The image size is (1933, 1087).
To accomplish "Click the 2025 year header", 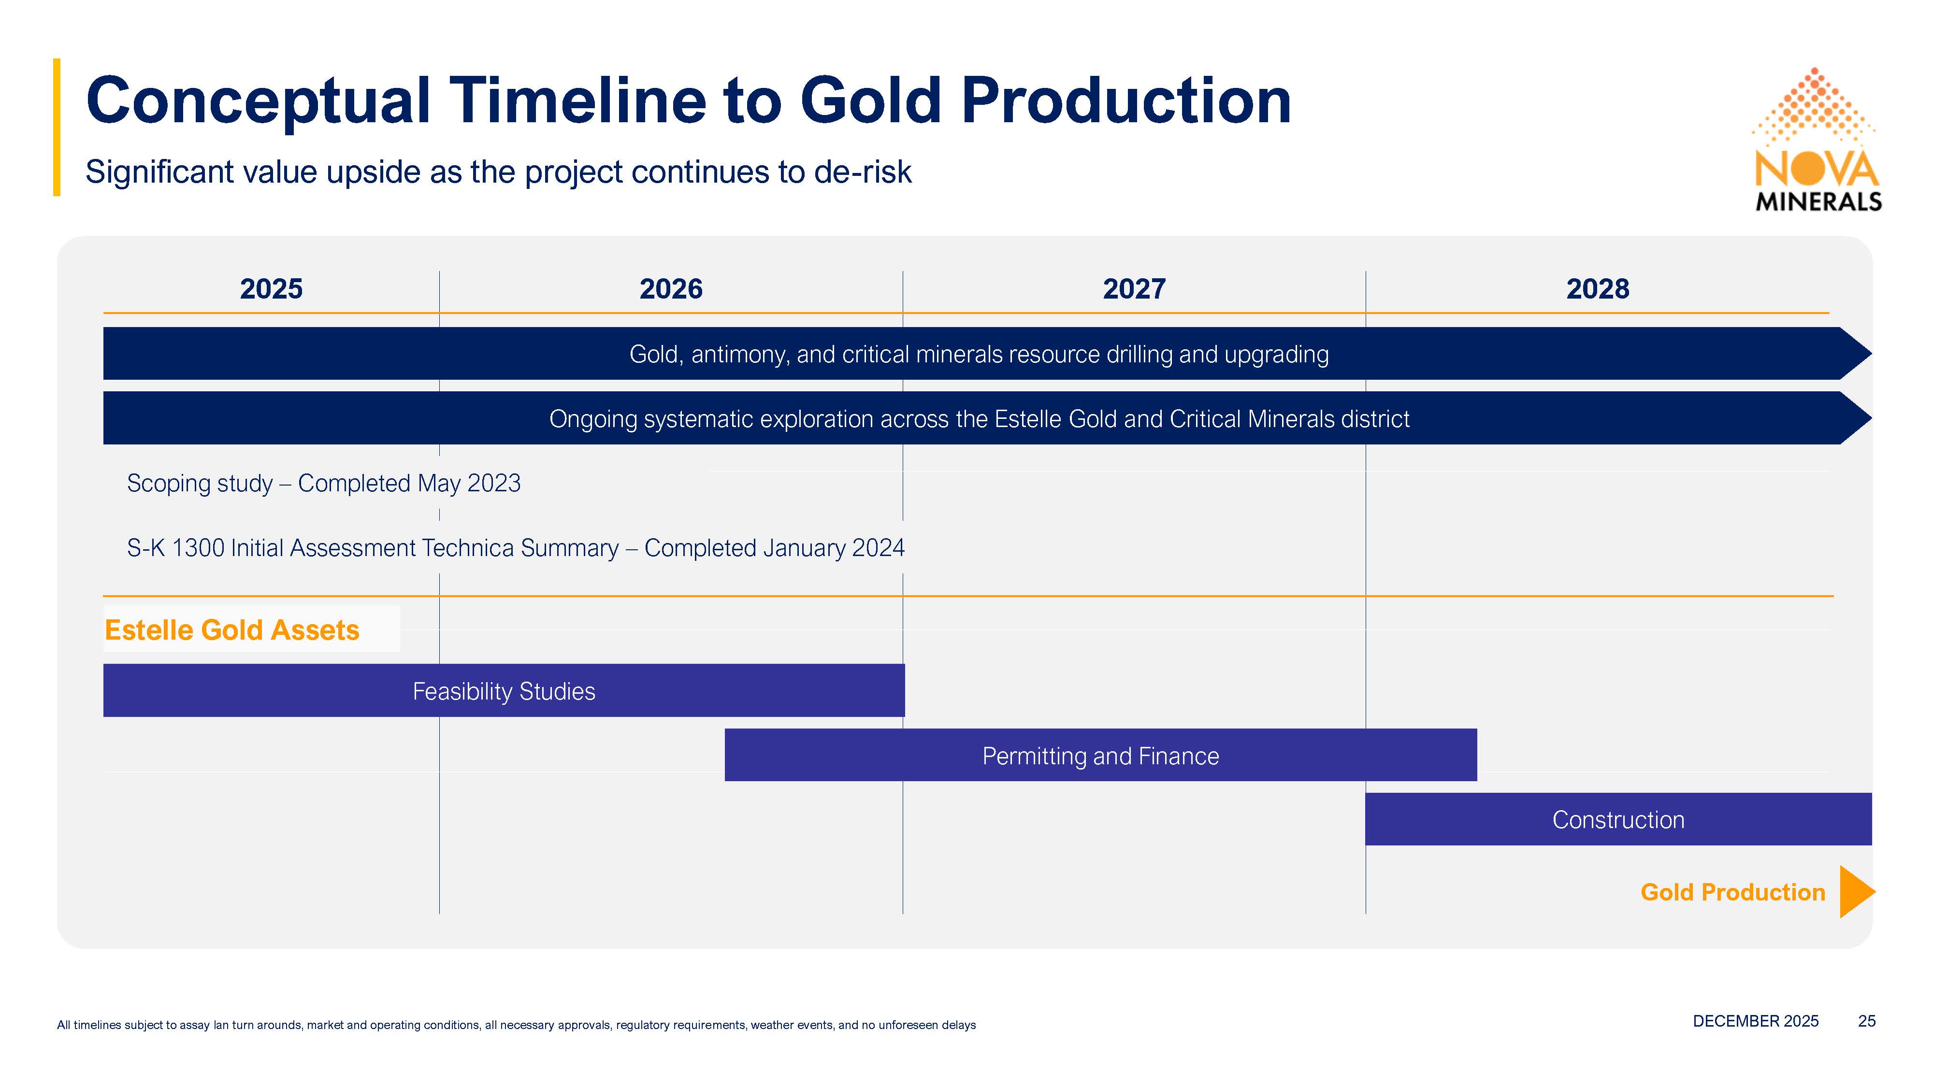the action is pos(271,289).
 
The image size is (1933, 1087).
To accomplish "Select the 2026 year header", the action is pos(671,289).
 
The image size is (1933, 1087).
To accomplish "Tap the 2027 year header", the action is pos(1134,289).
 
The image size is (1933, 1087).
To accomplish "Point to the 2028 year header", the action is pos(1598,289).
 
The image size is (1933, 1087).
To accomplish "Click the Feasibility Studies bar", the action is pos(504,690).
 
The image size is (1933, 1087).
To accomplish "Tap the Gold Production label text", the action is pos(1732,892).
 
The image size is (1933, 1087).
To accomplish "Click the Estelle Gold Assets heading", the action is pos(232,630).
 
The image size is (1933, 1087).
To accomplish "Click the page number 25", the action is pos(1866,1021).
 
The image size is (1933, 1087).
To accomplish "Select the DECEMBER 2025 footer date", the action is pos(1755,1021).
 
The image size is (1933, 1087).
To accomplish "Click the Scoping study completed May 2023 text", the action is pos(323,483).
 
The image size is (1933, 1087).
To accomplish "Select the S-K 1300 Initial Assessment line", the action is pos(516,548).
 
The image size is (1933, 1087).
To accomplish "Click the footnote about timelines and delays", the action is pos(516,1025).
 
